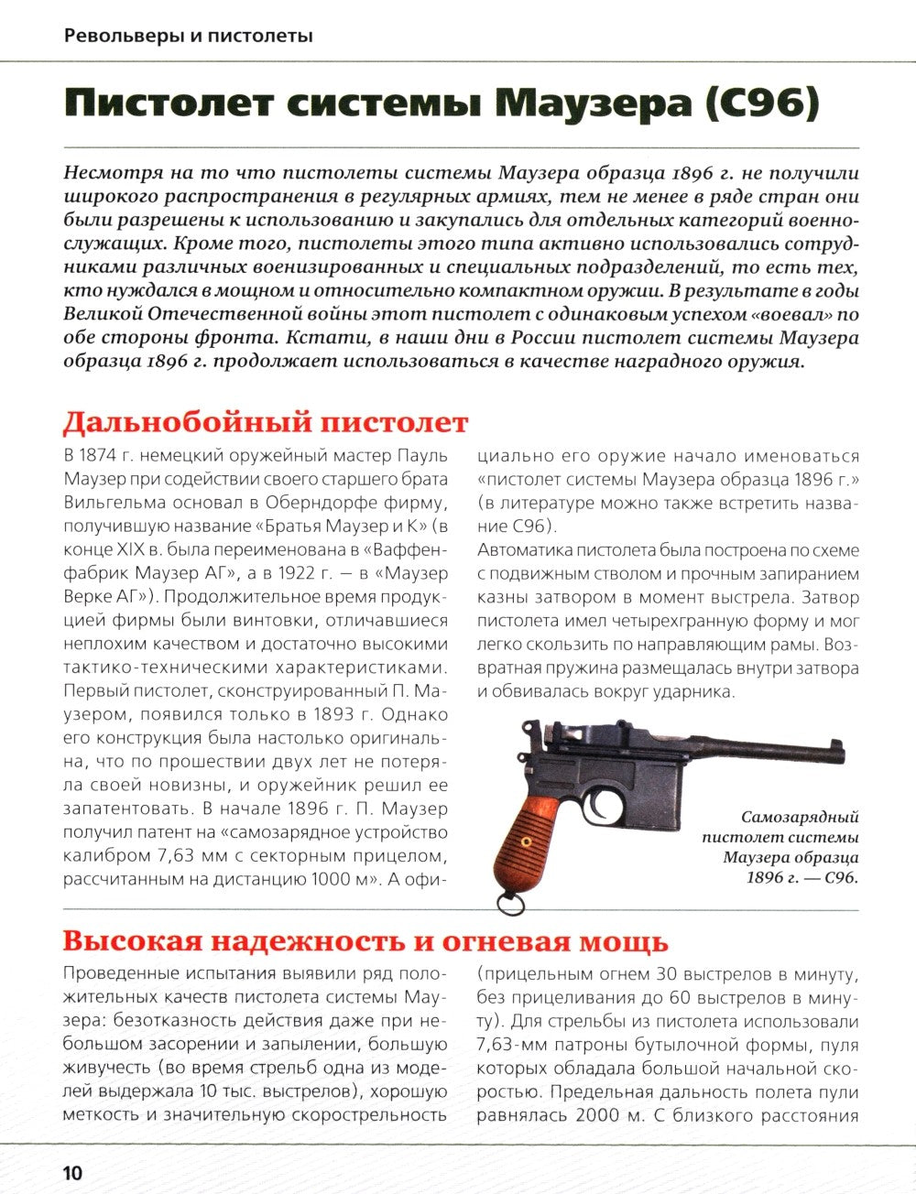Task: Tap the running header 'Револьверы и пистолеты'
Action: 189,37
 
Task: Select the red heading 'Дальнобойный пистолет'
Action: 265,423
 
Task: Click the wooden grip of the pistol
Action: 522,835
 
